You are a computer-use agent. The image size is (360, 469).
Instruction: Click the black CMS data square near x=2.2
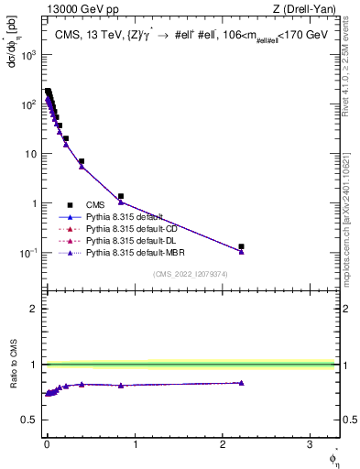[x=241, y=246]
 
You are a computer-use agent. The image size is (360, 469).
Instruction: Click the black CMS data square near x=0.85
[x=121, y=196]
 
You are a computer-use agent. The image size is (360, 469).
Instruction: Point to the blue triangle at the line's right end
[x=241, y=251]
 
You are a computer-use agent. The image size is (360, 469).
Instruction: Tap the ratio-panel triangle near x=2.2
[x=241, y=383]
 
